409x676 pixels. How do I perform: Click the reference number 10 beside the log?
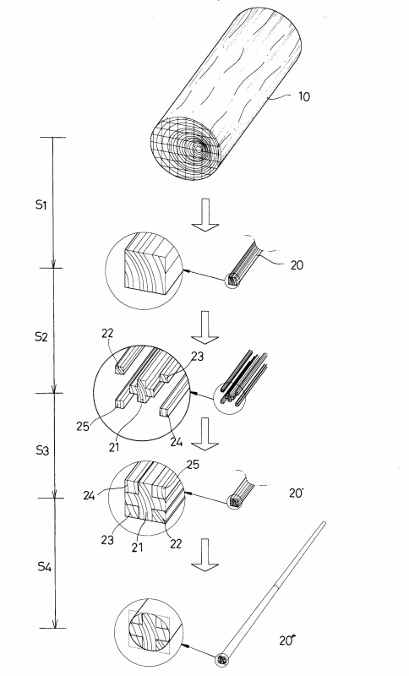click(x=304, y=96)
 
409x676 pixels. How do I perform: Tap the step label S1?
click(x=41, y=204)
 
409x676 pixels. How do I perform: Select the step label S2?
click(x=41, y=336)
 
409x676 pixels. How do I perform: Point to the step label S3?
click(x=41, y=451)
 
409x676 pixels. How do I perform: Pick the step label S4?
click(x=45, y=566)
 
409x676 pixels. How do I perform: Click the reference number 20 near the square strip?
click(x=297, y=265)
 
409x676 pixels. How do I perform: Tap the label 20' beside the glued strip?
click(x=296, y=493)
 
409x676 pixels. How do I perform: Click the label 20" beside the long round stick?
click(x=287, y=641)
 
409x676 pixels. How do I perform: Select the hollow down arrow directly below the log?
click(x=205, y=215)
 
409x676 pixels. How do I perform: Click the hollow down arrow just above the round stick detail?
click(x=205, y=554)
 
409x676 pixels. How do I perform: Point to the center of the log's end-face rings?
click(x=198, y=150)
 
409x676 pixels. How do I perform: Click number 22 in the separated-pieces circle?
click(x=108, y=333)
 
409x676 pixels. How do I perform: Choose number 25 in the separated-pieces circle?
click(x=83, y=427)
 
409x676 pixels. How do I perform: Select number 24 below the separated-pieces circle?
click(x=177, y=442)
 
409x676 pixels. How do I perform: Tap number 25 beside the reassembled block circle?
click(x=193, y=465)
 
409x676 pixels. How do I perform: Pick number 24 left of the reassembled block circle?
click(x=90, y=495)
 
